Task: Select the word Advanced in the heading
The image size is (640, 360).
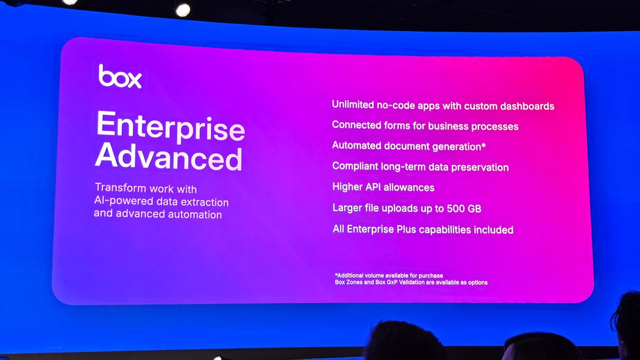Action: tap(169, 158)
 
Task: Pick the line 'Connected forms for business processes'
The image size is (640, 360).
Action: tap(425, 126)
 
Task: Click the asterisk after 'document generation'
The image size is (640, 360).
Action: tap(483, 145)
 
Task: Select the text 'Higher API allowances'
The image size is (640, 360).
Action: tap(383, 187)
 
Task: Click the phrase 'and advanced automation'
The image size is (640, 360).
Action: tap(158, 214)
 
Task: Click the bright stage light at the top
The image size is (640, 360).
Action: tap(183, 9)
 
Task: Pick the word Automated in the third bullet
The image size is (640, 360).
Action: tap(356, 145)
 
